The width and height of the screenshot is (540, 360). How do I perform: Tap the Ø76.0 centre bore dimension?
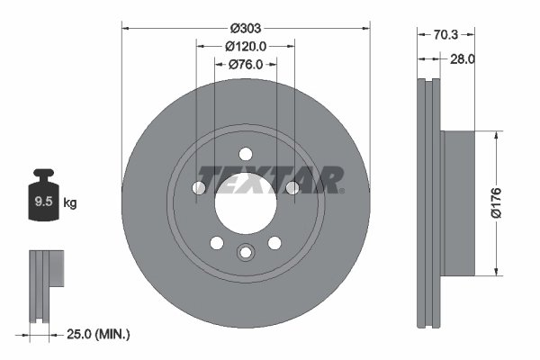[x=246, y=64]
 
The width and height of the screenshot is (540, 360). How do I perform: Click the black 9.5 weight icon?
[x=42, y=200]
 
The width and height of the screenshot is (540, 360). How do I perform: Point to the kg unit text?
[x=69, y=203]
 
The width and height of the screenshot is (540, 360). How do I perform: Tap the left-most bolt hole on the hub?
[x=200, y=187]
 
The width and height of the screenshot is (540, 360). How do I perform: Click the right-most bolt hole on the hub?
[x=292, y=187]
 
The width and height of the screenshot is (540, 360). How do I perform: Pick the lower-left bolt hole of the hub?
[x=217, y=242]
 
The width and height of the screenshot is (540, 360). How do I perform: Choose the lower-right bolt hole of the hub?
[x=274, y=242]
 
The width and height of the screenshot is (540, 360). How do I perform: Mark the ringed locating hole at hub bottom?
[x=246, y=253]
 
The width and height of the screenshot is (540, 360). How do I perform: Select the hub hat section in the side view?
[x=458, y=203]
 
